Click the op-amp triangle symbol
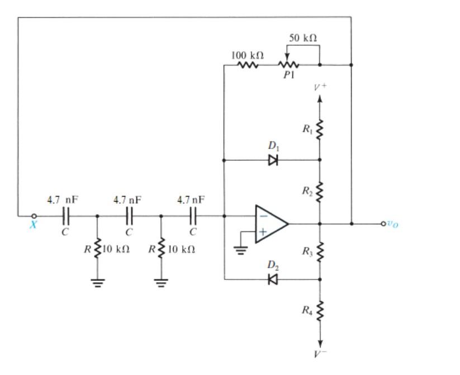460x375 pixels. pos(271,224)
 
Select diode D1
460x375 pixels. pos(273,160)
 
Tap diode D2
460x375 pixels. pos(273,279)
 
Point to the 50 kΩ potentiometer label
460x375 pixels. pos(303,37)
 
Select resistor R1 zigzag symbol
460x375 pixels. pos(320,130)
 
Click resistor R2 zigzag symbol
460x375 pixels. pos(320,192)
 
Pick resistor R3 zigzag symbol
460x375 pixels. pos(320,252)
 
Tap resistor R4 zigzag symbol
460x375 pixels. pos(320,311)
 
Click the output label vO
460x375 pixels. pos(393,224)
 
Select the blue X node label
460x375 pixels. pos(33,225)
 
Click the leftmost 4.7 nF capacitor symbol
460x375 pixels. pos(65,216)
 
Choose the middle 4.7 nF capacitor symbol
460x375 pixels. pos(129,216)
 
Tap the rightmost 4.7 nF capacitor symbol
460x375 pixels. pos(193,216)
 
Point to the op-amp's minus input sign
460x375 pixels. pos(262,215)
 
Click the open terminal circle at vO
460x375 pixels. pos(383,224)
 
